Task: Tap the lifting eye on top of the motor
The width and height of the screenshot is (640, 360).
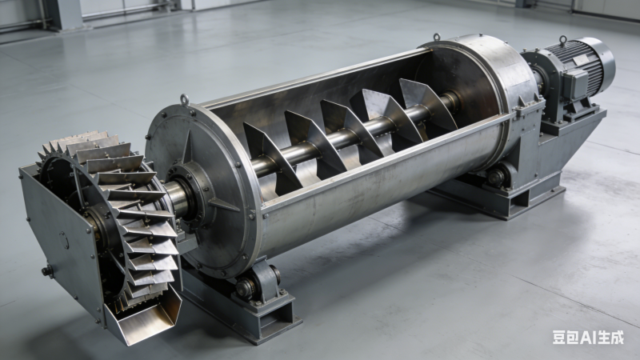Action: coord(563,40)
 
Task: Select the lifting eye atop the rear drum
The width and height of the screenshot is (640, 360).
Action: coord(437,38)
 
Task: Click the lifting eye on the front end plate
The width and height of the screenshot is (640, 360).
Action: coord(185,99)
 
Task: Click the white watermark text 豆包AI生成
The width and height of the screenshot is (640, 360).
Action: coord(588,337)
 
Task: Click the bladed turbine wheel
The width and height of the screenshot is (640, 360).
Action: coord(110,212)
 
